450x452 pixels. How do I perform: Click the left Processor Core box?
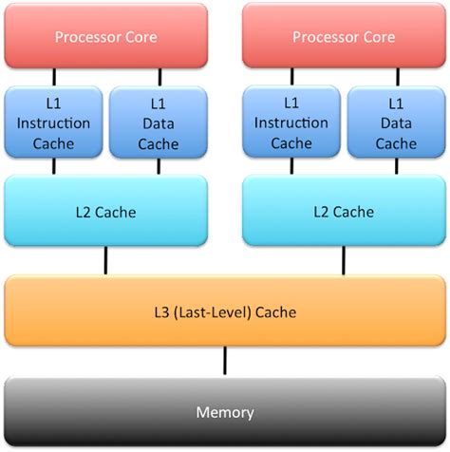pyautogui.click(x=105, y=37)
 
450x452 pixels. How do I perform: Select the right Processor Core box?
pyautogui.click(x=344, y=37)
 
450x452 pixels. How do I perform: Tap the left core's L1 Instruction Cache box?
pyautogui.click(x=53, y=123)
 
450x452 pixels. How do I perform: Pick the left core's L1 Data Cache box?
pyautogui.click(x=159, y=123)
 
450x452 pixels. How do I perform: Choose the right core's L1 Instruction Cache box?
pyautogui.click(x=291, y=123)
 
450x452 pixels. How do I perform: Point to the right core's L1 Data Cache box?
pyautogui.click(x=397, y=123)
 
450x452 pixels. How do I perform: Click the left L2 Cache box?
pyautogui.click(x=105, y=212)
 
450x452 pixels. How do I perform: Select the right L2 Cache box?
pyautogui.click(x=344, y=212)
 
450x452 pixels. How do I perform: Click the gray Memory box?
pyautogui.click(x=225, y=412)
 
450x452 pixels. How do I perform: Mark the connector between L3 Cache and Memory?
pyautogui.click(x=225, y=361)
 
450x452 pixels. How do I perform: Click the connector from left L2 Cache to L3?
pyautogui.click(x=105, y=259)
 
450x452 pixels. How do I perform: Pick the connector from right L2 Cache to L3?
pyautogui.click(x=344, y=259)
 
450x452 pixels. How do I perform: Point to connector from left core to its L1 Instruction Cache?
pyautogui.click(x=53, y=77)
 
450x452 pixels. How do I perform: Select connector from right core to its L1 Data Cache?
pyautogui.click(x=397, y=77)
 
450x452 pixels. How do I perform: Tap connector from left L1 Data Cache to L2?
pyautogui.click(x=159, y=166)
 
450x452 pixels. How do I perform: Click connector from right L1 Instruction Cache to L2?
pyautogui.click(x=291, y=166)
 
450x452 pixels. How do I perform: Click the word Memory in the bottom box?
pyautogui.click(x=225, y=412)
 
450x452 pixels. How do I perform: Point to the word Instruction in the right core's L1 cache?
pyautogui.click(x=291, y=123)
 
